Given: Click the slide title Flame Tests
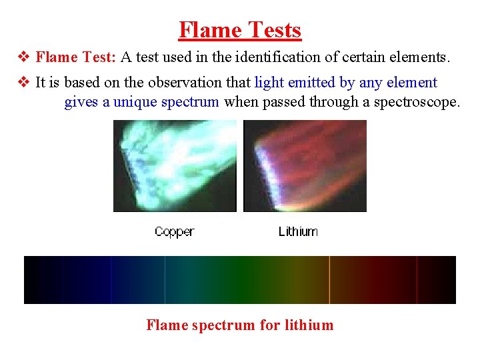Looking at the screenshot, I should pyautogui.click(x=240, y=30).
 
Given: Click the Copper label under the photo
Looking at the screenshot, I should pyautogui.click(x=174, y=232).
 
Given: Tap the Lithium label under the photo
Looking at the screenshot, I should pyautogui.click(x=297, y=232).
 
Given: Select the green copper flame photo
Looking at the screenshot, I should pyautogui.click(x=175, y=166).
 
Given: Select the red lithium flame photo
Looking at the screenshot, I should pyautogui.click(x=305, y=166).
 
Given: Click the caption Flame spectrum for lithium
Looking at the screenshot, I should pyautogui.click(x=240, y=325).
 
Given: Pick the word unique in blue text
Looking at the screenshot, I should pyautogui.click(x=136, y=102).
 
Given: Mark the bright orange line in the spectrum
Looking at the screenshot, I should pyautogui.click(x=330, y=280).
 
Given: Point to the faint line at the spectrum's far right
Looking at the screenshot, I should pyautogui.click(x=417, y=280).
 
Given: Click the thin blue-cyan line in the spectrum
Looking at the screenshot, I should pyautogui.click(x=165, y=280).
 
